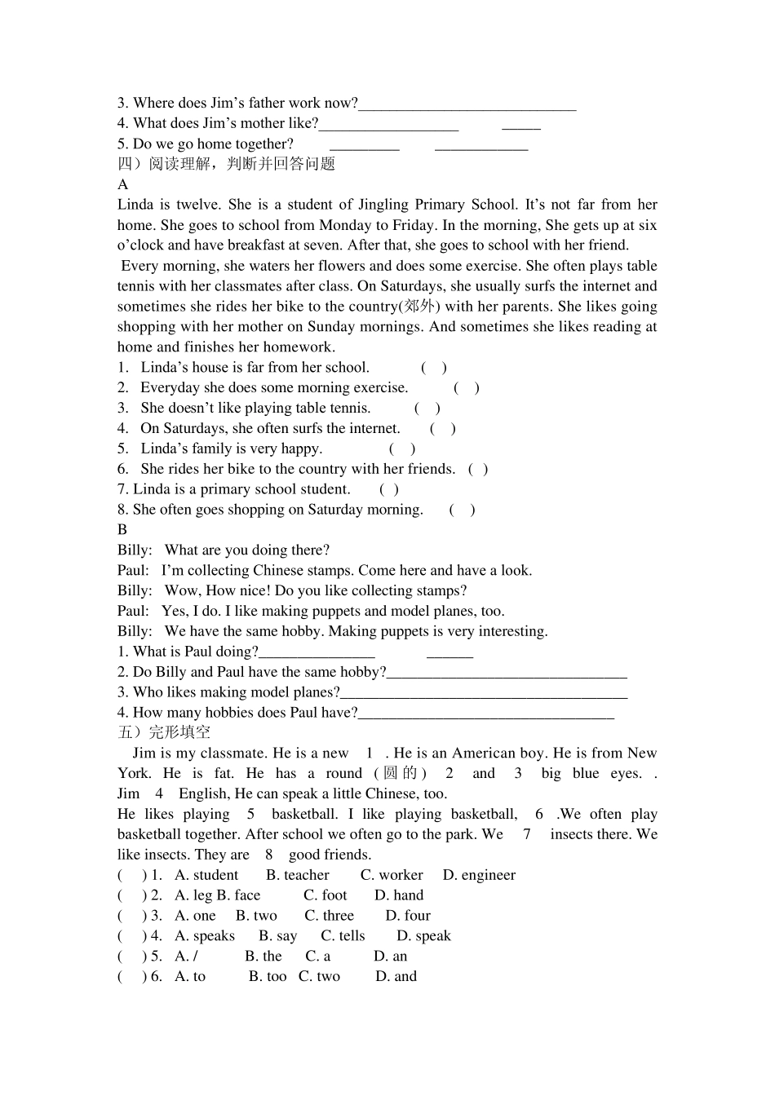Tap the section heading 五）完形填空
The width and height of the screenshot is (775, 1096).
point(164,732)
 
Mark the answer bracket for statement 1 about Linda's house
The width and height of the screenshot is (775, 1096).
point(434,368)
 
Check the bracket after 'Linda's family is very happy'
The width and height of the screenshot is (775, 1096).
point(402,449)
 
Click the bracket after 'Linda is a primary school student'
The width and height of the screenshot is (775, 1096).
point(389,489)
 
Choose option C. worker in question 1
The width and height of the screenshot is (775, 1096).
point(392,875)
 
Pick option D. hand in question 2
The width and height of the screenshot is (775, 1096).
point(399,895)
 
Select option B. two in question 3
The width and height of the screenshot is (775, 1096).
point(256,916)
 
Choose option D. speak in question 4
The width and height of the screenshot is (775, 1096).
point(423,936)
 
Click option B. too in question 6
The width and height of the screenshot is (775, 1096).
point(268,977)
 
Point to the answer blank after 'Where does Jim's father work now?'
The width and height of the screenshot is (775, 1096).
point(467,104)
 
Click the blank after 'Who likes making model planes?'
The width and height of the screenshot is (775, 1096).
point(484,693)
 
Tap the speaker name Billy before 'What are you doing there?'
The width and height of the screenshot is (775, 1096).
point(135,550)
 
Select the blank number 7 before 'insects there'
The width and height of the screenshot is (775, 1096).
point(527,834)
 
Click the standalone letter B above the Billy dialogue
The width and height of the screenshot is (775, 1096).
point(122,530)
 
